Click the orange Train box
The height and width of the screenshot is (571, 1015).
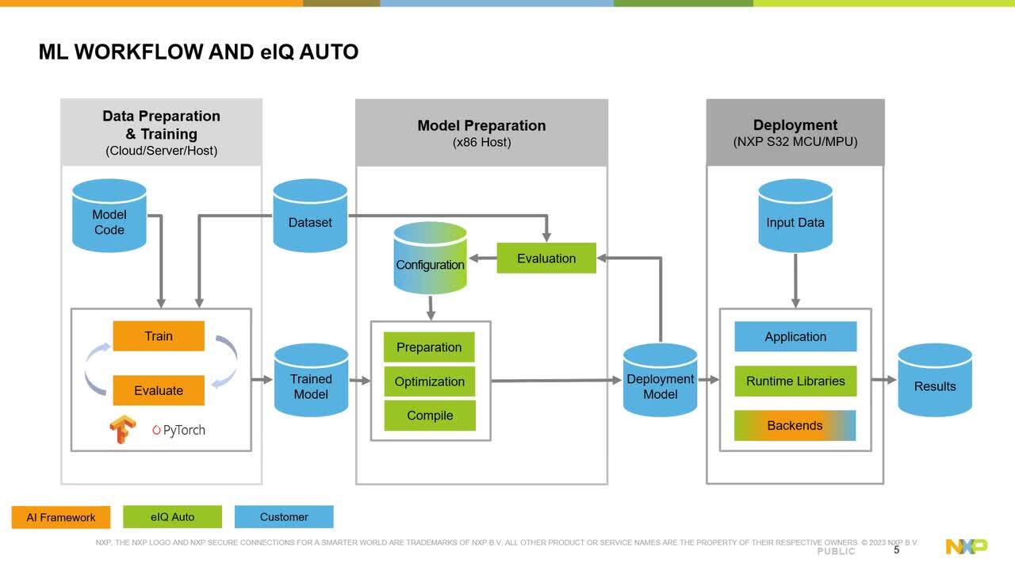click(159, 336)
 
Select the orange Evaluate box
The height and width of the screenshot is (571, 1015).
click(159, 390)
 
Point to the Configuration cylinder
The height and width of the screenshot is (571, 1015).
click(430, 259)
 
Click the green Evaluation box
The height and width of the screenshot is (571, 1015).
click(546, 259)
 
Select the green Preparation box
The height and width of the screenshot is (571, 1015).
click(429, 347)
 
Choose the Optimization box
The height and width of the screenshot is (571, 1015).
click(430, 381)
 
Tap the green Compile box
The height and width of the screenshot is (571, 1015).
click(430, 416)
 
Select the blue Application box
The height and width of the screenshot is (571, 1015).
click(795, 336)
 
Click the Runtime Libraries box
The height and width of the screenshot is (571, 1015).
click(795, 381)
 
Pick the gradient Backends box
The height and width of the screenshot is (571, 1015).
click(795, 426)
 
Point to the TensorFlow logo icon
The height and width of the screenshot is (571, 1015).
click(123, 429)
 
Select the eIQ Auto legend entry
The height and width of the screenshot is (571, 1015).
click(172, 517)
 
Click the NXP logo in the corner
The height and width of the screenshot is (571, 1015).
click(967, 546)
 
